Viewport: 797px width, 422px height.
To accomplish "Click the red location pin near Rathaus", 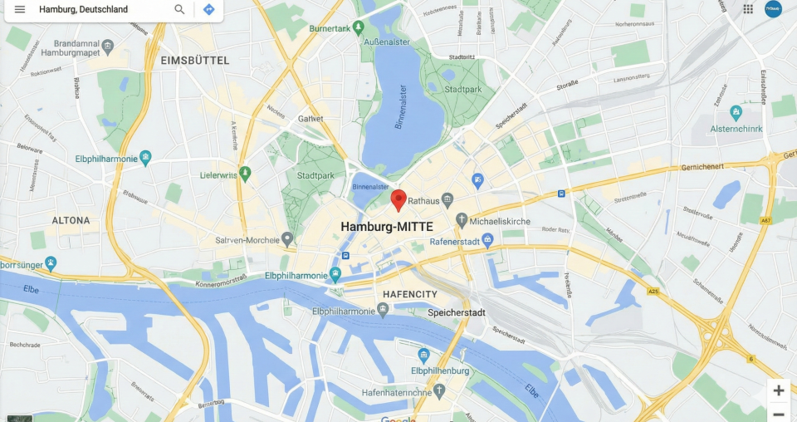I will click(x=398, y=199).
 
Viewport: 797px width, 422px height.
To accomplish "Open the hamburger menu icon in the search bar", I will click(x=20, y=9).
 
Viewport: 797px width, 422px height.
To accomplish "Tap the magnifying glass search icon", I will click(x=179, y=9).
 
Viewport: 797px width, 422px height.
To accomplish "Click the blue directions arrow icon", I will click(x=208, y=9).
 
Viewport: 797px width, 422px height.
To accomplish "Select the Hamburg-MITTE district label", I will click(x=387, y=226).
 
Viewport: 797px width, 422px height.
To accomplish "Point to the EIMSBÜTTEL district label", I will click(x=195, y=61).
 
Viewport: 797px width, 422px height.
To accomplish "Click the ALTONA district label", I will click(x=71, y=220).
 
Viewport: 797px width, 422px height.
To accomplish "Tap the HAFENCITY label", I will click(x=410, y=294).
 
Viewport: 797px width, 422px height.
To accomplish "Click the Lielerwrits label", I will click(x=219, y=175).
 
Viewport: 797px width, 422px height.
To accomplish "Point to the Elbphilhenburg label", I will click(x=440, y=370).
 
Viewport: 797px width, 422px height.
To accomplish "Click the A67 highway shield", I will click(x=766, y=220).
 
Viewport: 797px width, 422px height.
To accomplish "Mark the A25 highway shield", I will click(x=653, y=292).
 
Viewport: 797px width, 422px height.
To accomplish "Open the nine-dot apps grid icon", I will click(x=748, y=9).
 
